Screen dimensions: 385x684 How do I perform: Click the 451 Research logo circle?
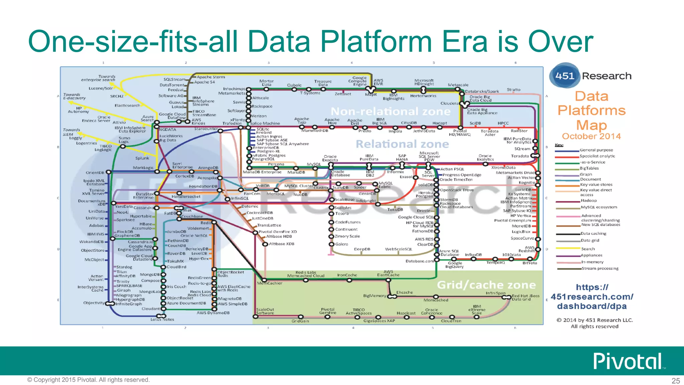point(564,76)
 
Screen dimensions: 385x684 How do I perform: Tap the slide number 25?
point(676,381)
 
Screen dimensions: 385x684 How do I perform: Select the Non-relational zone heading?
point(390,111)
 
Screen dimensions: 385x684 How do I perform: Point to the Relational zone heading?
point(402,144)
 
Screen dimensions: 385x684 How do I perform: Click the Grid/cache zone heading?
point(486,285)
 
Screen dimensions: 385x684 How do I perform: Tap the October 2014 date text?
point(591,136)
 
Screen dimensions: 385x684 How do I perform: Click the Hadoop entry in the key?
point(588,201)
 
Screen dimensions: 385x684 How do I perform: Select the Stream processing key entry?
point(600,268)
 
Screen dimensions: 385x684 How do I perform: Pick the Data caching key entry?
point(593,234)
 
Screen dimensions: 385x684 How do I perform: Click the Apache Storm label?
point(211,77)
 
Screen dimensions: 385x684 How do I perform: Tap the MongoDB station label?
point(150,275)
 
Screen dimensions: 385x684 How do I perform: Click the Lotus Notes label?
point(162,319)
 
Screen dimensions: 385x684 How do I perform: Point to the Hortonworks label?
point(423,96)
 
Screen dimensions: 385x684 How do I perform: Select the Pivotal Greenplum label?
point(512,221)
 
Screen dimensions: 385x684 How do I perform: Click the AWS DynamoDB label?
point(213,313)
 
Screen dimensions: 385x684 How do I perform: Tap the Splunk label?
point(142,158)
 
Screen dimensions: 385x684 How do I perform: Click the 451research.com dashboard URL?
point(592,296)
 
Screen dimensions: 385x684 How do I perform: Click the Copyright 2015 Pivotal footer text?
point(89,380)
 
